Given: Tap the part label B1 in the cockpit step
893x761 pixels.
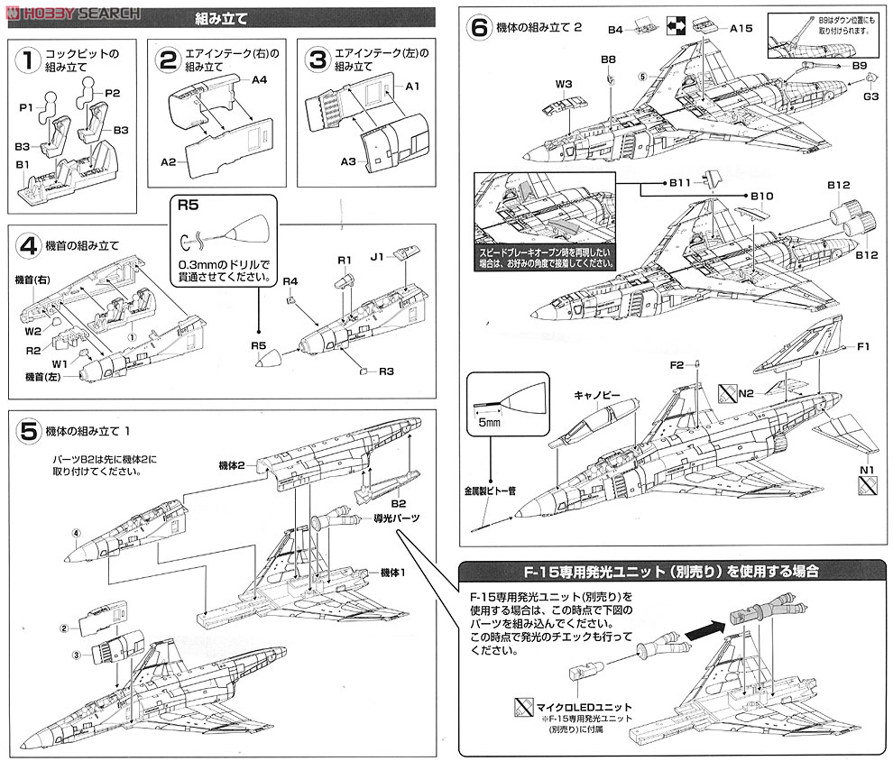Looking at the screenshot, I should coord(23,164).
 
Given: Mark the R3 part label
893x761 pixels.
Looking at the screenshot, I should coord(387,371).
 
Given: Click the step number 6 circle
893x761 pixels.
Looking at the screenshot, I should coord(479,27).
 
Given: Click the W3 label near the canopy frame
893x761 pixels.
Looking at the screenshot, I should coord(565,85).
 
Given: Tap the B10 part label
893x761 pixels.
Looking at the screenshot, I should coord(762,196).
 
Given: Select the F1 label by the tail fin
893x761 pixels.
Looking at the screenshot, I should coord(863,346).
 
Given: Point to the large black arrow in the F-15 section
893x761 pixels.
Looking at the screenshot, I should coord(706,629).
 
